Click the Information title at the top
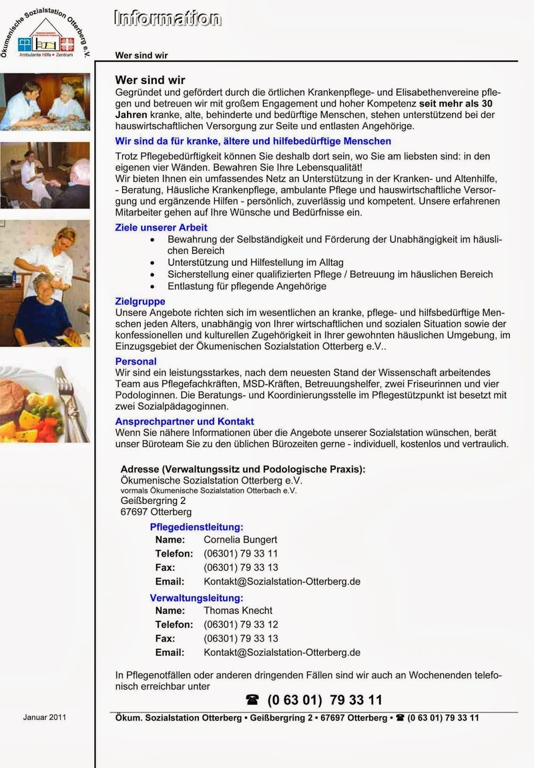tap(167, 19)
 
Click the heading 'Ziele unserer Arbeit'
tap(161, 227)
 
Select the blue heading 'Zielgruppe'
tap(140, 301)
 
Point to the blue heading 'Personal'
tap(136, 361)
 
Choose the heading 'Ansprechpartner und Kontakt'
tap(184, 421)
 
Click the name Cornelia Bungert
tap(240, 539)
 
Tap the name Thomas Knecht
tap(238, 610)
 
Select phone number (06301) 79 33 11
tap(240, 553)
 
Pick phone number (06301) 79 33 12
tap(240, 624)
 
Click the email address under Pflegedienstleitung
tap(282, 581)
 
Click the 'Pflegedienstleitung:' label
tap(196, 527)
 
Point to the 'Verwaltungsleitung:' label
tap(196, 598)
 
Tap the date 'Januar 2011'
tap(44, 717)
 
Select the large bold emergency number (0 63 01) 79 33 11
tap(324, 700)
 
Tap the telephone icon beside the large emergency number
tap(252, 700)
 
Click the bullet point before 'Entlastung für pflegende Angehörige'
tap(154, 287)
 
